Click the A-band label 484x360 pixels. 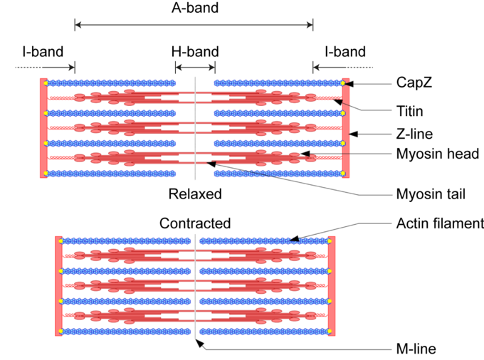[x=194, y=9]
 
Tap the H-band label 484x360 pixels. [x=195, y=52]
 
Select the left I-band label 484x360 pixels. [x=43, y=52]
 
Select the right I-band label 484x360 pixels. [x=344, y=52]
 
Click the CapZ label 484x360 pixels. [x=414, y=83]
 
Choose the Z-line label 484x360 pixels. [x=414, y=133]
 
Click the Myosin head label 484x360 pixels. [x=436, y=154]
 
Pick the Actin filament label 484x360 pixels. [x=439, y=224]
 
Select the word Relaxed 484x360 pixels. [x=195, y=194]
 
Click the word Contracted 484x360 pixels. [x=195, y=223]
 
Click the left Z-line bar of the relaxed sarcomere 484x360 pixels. [x=43, y=128]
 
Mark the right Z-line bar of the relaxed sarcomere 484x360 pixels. [x=346, y=128]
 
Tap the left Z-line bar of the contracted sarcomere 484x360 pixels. [x=58, y=285]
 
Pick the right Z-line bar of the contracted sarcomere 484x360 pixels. [x=331, y=285]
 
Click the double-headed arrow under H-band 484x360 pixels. [x=195, y=68]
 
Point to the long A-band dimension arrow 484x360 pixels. [x=194, y=26]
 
